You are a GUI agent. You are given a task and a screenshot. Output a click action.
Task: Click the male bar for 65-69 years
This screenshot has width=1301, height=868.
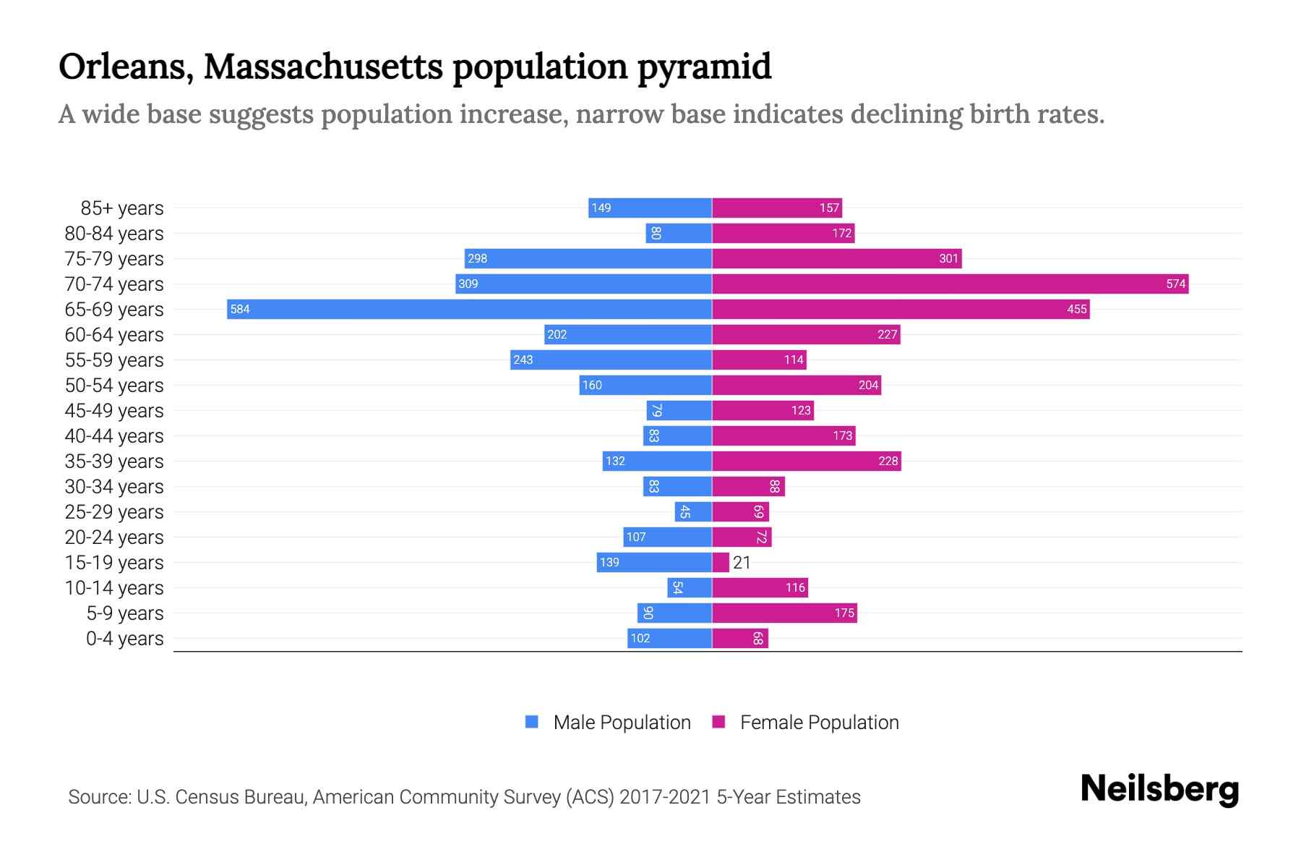pyautogui.click(x=469, y=310)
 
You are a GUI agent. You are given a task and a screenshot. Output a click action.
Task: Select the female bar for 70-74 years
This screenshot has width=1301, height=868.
pyautogui.click(x=950, y=284)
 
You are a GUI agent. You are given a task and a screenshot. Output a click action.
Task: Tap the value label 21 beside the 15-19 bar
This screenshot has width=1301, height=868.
pyautogui.click(x=742, y=563)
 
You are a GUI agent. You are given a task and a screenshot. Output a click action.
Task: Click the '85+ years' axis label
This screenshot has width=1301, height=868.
pyautogui.click(x=121, y=208)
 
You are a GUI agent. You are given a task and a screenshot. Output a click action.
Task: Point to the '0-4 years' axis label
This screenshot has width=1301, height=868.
pyautogui.click(x=124, y=639)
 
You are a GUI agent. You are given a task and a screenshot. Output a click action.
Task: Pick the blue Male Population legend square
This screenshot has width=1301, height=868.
pyautogui.click(x=532, y=722)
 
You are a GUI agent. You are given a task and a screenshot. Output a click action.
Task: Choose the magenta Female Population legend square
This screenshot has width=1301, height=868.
pyautogui.click(x=718, y=722)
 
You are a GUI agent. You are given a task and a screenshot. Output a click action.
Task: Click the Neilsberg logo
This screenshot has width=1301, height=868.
pyautogui.click(x=1159, y=788)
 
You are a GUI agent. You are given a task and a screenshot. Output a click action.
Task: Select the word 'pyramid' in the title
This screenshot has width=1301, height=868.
pyautogui.click(x=704, y=67)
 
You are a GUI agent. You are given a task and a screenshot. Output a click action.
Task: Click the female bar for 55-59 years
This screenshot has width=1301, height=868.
pyautogui.click(x=759, y=360)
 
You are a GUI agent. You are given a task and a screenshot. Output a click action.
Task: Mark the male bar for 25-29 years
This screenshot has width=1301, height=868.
pyautogui.click(x=693, y=512)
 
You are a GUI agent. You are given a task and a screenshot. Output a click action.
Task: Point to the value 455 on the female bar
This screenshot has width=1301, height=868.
pyautogui.click(x=1076, y=310)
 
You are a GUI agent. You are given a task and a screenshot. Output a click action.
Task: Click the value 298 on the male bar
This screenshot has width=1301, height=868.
pyautogui.click(x=477, y=259)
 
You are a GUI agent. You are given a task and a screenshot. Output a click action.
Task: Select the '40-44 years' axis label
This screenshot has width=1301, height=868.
pyautogui.click(x=114, y=436)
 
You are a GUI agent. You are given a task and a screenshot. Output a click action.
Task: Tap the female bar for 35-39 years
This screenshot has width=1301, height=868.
pyautogui.click(x=806, y=461)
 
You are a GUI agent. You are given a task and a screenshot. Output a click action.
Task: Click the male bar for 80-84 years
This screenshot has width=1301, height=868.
pyautogui.click(x=679, y=234)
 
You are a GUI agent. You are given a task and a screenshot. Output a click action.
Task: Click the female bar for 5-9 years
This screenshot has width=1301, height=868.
pyautogui.click(x=784, y=613)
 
